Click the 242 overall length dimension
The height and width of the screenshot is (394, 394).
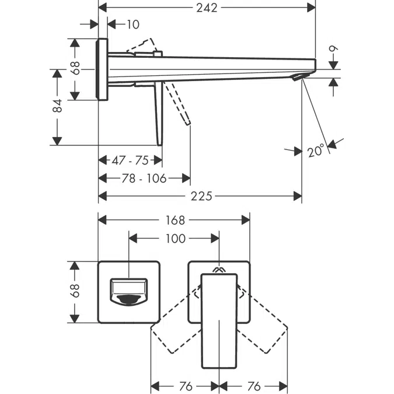tap(207, 8)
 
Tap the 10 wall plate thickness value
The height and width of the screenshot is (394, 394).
tap(133, 24)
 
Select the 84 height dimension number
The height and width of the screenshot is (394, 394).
tap(57, 106)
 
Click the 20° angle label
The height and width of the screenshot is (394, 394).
tap(316, 151)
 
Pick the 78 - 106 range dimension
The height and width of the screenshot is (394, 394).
tap(143, 178)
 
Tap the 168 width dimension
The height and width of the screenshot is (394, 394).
tap(174, 220)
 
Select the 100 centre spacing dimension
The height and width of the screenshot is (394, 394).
tap(175, 238)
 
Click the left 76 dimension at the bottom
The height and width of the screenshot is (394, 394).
tap(184, 386)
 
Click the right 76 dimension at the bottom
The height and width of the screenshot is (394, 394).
tap(253, 386)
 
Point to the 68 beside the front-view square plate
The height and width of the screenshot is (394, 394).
tap(75, 291)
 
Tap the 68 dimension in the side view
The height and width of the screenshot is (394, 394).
tap(75, 68)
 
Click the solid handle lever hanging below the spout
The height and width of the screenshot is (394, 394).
tap(158, 114)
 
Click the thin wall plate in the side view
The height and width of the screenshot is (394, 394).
tap(103, 69)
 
